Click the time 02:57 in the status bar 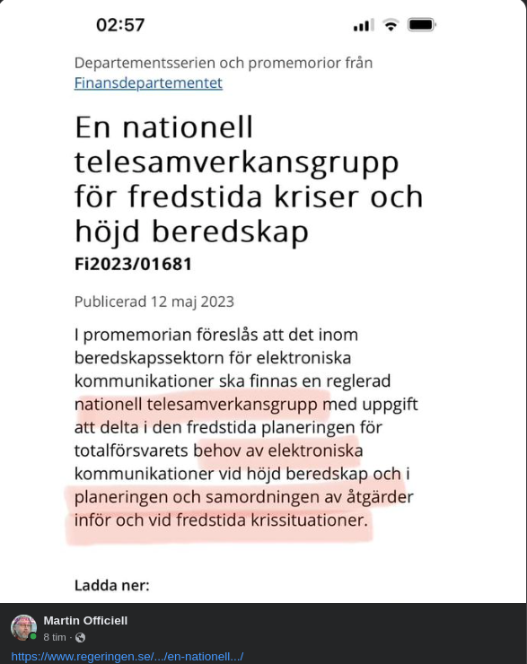pyautogui.click(x=120, y=25)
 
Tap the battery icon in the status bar pyautogui.click(x=421, y=25)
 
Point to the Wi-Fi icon pyautogui.click(x=391, y=25)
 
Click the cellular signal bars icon pyautogui.click(x=364, y=25)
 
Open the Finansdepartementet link pyautogui.click(x=148, y=83)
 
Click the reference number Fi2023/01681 pyautogui.click(x=133, y=265)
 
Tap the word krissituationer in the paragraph pyautogui.click(x=296, y=520)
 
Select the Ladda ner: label pyautogui.click(x=111, y=585)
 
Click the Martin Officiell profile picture pyautogui.click(x=23, y=627)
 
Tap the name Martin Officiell pyautogui.click(x=85, y=620)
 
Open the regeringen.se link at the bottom pyautogui.click(x=127, y=656)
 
